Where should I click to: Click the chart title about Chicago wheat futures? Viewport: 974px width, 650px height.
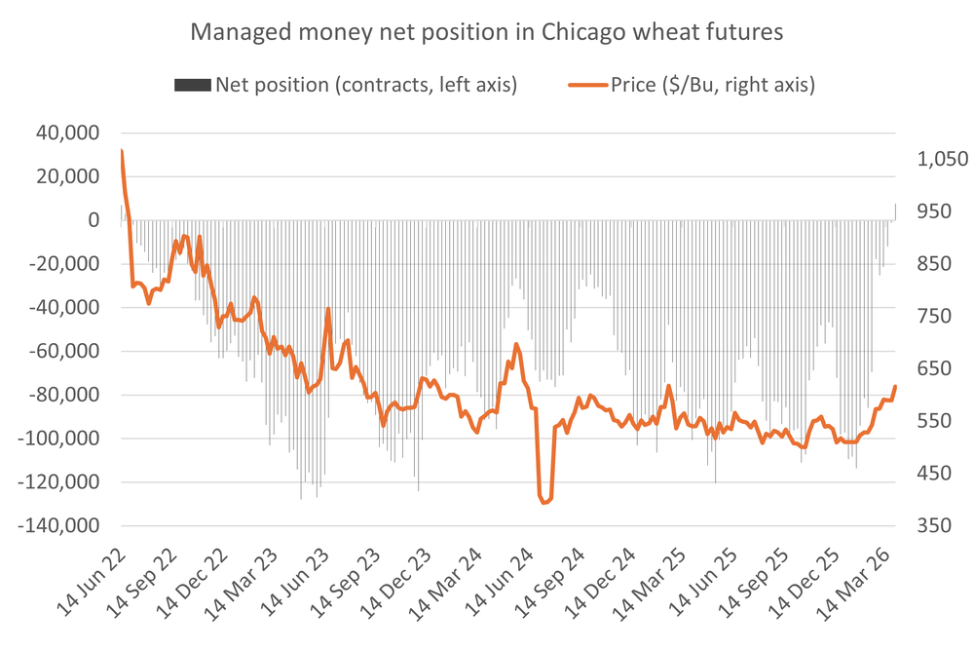tap(486, 31)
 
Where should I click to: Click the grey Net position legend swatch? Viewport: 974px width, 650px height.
tap(193, 86)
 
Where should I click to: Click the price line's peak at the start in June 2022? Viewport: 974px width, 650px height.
tap(121, 150)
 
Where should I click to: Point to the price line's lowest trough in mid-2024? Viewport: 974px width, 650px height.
tap(544, 503)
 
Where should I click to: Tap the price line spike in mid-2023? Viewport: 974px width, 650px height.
tap(328, 309)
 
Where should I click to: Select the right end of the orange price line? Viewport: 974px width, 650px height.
tap(895, 387)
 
